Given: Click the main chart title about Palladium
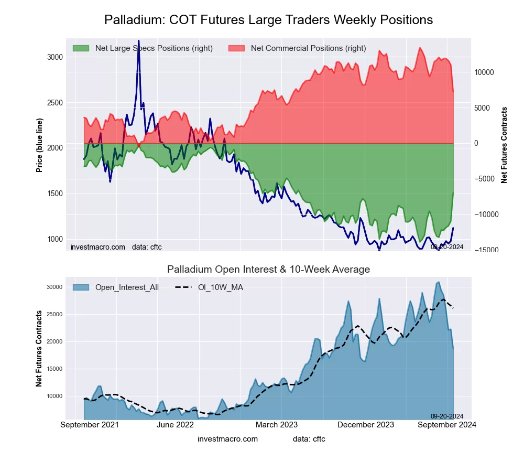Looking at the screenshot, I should (268, 20).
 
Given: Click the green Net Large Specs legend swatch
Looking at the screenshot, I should (81, 48).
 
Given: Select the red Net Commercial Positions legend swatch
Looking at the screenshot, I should (237, 48).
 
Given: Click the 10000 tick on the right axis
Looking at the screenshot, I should (485, 72).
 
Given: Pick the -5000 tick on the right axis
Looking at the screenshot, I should (485, 179).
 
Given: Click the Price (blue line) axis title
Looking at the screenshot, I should (39, 145).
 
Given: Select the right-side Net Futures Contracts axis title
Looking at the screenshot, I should (505, 145).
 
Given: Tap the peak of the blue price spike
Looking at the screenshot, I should (138, 41).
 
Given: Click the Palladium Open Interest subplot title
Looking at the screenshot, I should (268, 270).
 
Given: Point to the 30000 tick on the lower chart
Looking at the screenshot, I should (55, 287).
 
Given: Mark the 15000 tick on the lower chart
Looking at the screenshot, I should (55, 369).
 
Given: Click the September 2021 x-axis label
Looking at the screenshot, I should (90, 425).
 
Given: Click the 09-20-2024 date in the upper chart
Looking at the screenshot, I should (446, 246).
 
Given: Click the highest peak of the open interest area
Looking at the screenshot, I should (438, 282).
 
